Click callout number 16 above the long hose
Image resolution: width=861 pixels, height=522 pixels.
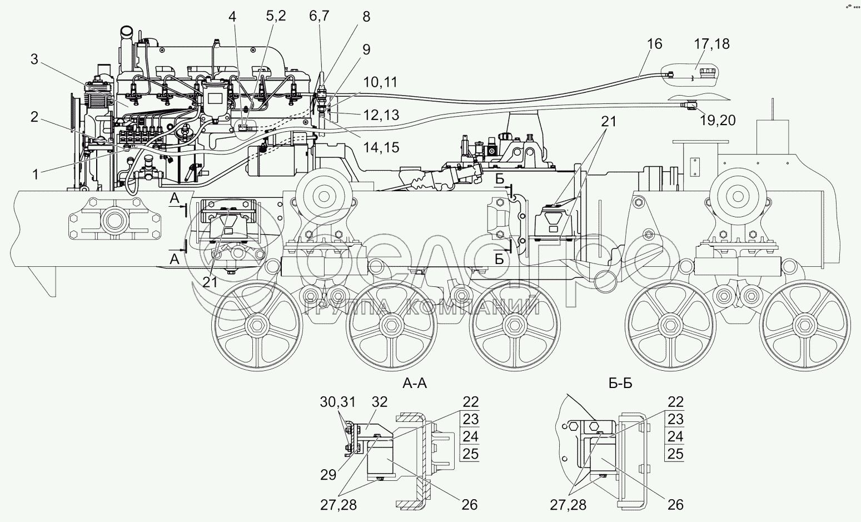click(655, 43)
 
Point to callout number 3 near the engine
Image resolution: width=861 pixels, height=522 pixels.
click(34, 59)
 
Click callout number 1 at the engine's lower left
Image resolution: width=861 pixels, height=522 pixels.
click(36, 174)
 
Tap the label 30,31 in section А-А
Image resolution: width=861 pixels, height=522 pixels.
click(337, 402)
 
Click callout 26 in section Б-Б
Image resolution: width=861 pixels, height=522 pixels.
click(675, 504)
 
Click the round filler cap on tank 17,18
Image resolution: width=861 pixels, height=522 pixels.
click(709, 74)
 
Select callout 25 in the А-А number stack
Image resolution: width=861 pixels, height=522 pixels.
click(470, 454)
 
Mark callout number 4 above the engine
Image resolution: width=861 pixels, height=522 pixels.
click(232, 17)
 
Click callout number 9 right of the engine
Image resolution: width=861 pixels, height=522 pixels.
click(366, 49)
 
